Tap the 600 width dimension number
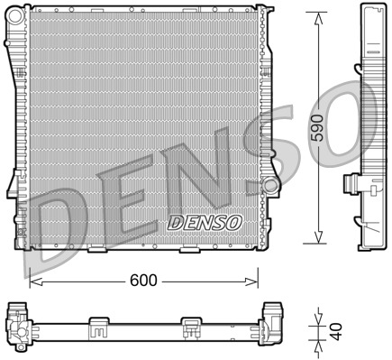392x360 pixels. point(146,281)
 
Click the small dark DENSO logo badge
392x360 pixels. point(205,222)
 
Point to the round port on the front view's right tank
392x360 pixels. point(269,185)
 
